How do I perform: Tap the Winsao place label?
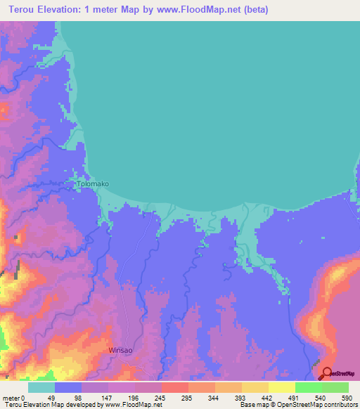tap(120, 349)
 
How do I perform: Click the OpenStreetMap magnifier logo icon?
tap(327, 373)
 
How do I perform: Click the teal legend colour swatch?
tap(41, 387)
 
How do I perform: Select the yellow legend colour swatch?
tap(282, 387)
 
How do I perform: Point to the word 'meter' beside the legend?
tap(12, 397)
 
